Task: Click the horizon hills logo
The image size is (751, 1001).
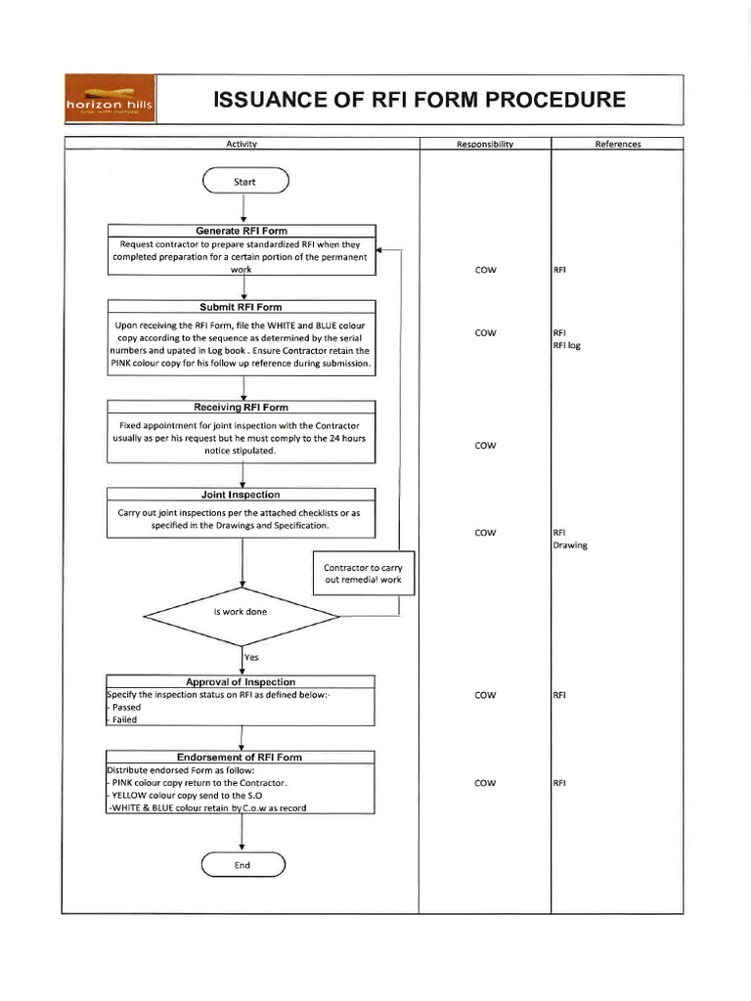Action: pyautogui.click(x=108, y=100)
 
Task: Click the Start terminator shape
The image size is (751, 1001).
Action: pyautogui.click(x=244, y=181)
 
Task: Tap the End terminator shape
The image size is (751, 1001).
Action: pyautogui.click(x=243, y=865)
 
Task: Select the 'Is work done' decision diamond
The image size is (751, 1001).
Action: pyautogui.click(x=241, y=612)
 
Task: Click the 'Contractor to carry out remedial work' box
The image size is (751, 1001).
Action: pyautogui.click(x=363, y=574)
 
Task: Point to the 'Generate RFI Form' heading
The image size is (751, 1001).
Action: pyautogui.click(x=242, y=231)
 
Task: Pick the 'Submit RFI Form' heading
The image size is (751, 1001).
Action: pyautogui.click(x=242, y=307)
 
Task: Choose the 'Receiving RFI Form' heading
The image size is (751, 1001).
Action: pyautogui.click(x=242, y=407)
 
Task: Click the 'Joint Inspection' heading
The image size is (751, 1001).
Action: pyautogui.click(x=242, y=495)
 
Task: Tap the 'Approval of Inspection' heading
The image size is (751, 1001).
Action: pyautogui.click(x=241, y=681)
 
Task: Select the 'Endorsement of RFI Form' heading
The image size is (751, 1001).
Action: pyautogui.click(x=241, y=757)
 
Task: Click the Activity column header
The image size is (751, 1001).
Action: pyautogui.click(x=242, y=145)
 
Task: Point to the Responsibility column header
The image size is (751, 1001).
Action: pyautogui.click(x=485, y=145)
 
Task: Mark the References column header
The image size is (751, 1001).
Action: pyautogui.click(x=618, y=145)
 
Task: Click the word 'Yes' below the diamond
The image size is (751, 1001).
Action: pyautogui.click(x=252, y=659)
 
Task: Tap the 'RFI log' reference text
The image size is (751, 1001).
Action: pyautogui.click(x=568, y=345)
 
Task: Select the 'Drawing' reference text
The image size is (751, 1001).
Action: pyautogui.click(x=571, y=545)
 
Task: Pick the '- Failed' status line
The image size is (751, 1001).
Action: pyautogui.click(x=125, y=719)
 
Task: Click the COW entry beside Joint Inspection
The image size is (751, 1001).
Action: pyautogui.click(x=485, y=533)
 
